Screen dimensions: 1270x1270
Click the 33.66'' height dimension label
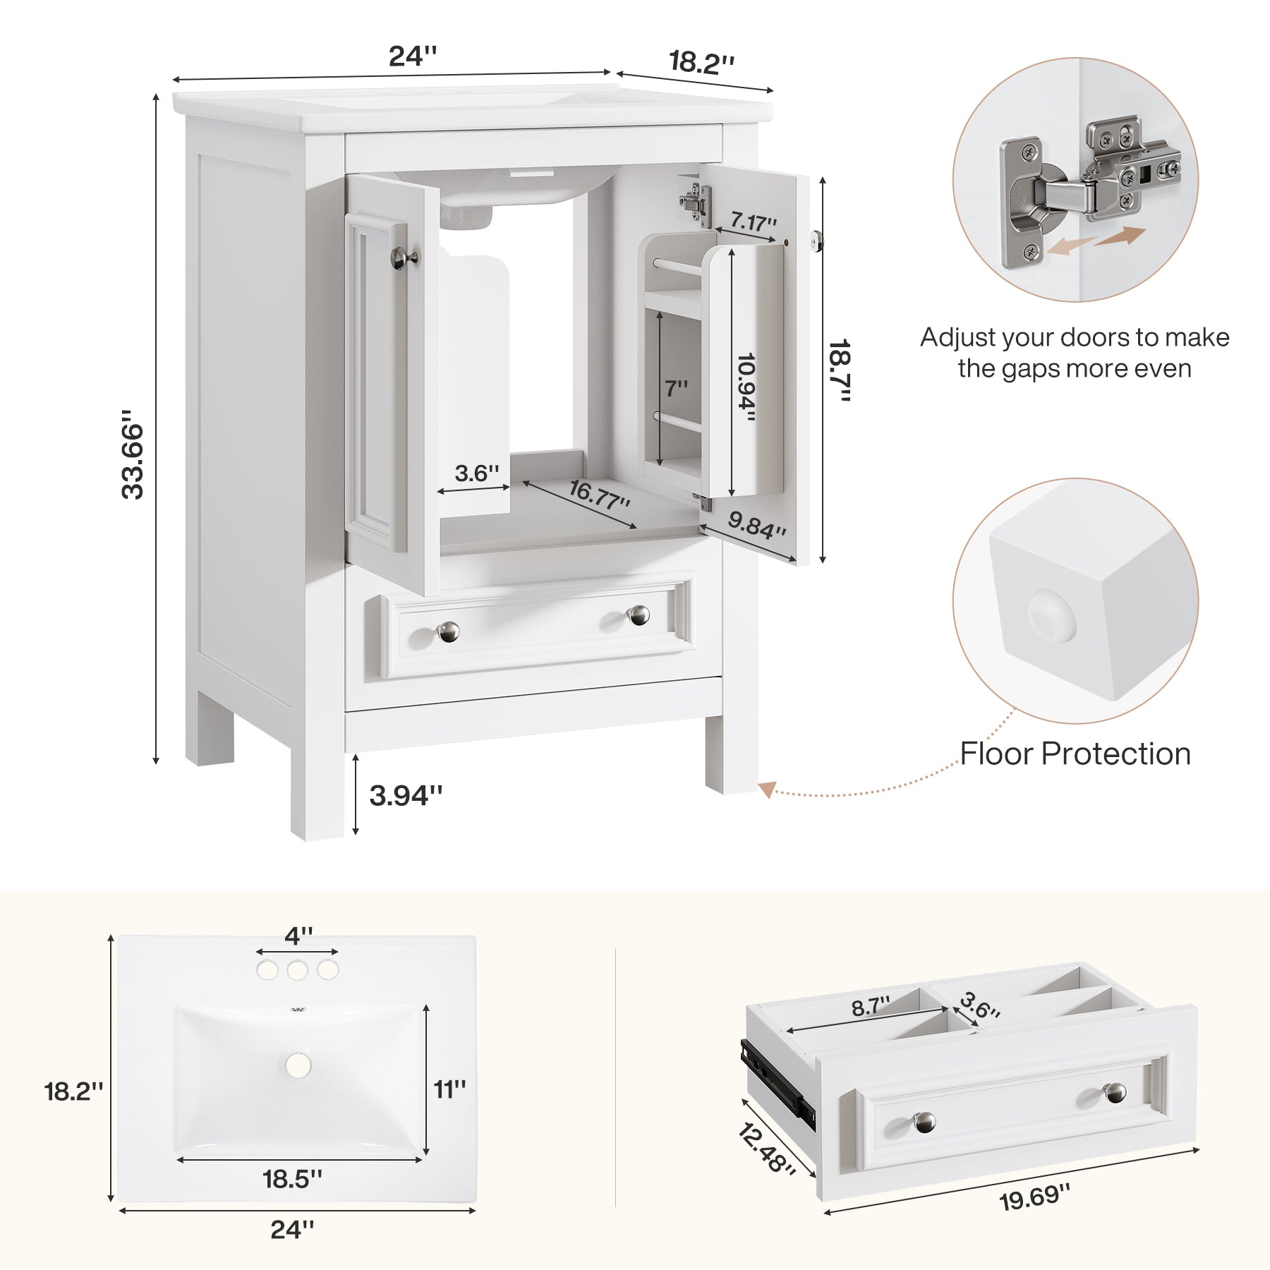click(133, 454)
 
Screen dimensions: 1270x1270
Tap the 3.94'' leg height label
click(406, 796)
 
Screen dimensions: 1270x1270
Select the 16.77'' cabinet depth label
click(598, 495)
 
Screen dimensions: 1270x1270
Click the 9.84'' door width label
click(756, 525)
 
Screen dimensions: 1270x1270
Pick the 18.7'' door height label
click(840, 370)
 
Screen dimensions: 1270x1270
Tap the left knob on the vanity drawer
click(449, 631)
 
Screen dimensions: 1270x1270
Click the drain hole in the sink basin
click(298, 1065)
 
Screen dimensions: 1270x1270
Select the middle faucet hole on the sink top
click(297, 971)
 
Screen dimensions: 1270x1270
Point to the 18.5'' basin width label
click(292, 1178)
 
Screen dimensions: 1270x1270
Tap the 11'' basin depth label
click(449, 1089)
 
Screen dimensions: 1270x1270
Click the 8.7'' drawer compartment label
click(870, 1007)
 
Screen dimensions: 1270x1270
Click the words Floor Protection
click(1075, 754)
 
